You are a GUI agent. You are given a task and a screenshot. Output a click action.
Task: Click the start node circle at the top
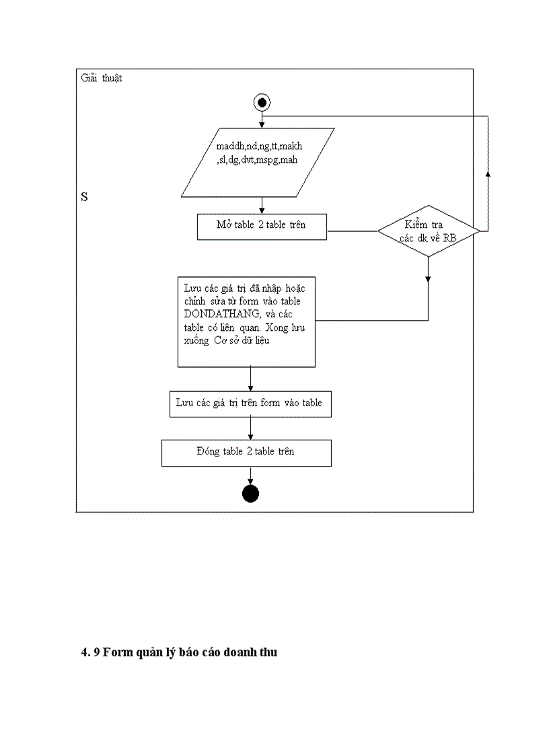point(261,102)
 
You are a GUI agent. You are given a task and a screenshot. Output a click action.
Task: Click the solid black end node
point(250,494)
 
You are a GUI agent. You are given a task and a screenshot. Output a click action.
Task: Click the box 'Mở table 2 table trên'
point(261,226)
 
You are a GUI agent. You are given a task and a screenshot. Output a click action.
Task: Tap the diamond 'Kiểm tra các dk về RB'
point(428,231)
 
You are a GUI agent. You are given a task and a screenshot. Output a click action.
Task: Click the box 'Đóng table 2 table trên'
point(246,452)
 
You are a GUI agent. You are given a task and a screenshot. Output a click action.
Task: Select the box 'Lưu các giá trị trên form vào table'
point(250,404)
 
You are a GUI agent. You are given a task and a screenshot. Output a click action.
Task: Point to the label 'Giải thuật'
point(102,78)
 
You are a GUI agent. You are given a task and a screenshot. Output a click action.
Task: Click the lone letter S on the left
point(85,197)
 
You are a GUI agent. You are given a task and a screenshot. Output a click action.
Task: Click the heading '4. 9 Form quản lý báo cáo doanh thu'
point(179,652)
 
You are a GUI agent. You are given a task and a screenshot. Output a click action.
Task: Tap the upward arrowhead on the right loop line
point(488,173)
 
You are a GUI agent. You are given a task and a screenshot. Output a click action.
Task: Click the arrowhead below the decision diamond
point(428,278)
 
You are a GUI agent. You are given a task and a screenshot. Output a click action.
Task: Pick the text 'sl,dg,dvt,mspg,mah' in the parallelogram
point(257,160)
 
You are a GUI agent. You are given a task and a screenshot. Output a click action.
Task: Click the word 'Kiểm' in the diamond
point(416,225)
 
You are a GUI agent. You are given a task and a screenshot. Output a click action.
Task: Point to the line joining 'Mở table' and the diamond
point(351,231)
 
